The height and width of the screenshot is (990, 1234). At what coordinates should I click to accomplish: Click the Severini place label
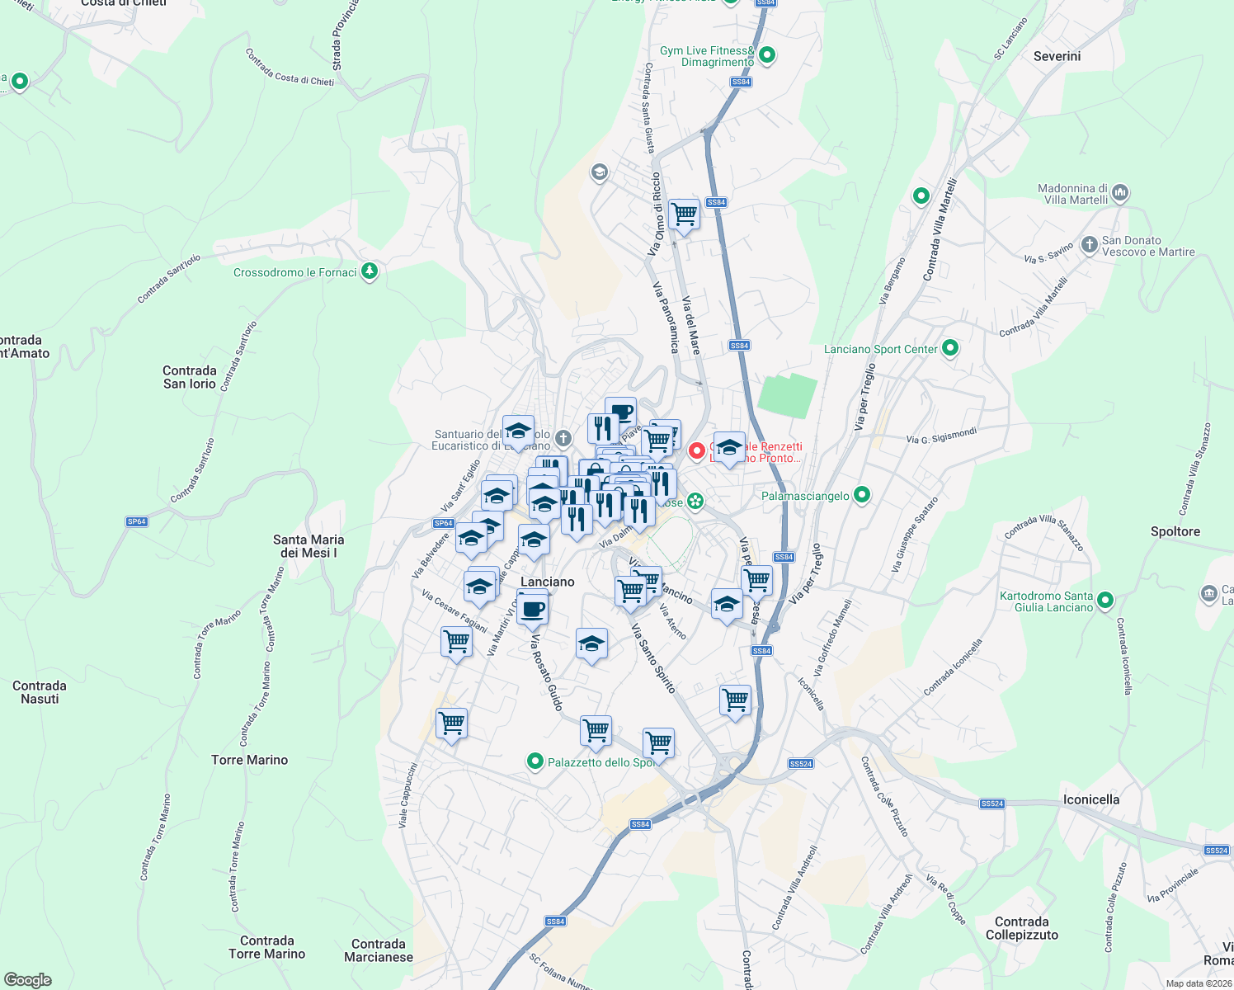click(1057, 56)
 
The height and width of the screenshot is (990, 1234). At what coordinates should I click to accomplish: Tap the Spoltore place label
click(1175, 531)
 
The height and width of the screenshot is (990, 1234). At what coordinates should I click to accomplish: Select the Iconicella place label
click(1090, 799)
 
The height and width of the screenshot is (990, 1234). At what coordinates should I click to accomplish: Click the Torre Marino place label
click(249, 760)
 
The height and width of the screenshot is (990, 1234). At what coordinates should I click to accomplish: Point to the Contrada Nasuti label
click(40, 692)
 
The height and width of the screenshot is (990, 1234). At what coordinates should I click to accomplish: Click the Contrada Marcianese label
click(378, 950)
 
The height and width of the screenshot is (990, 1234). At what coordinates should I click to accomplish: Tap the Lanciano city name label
click(547, 582)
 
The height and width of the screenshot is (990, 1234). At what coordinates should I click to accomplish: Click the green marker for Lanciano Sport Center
click(949, 348)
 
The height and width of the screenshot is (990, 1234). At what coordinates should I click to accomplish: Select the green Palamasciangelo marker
click(862, 495)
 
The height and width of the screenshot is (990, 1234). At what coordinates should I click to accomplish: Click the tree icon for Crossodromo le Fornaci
click(370, 271)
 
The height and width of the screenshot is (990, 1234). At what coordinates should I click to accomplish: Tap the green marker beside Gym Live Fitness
click(767, 55)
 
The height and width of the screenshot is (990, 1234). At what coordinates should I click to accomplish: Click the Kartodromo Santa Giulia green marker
click(1106, 601)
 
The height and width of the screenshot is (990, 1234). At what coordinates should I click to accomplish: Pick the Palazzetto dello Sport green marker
click(535, 761)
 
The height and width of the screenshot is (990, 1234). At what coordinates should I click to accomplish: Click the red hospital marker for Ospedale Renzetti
click(697, 450)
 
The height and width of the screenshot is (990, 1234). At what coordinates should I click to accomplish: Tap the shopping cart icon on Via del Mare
click(684, 214)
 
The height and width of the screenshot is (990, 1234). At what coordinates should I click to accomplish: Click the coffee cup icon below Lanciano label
click(532, 609)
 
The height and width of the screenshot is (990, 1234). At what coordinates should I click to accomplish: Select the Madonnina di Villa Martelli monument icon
click(1119, 193)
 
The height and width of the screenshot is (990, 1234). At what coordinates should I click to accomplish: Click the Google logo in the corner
click(27, 980)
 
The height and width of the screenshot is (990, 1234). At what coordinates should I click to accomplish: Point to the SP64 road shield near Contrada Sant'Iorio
click(136, 521)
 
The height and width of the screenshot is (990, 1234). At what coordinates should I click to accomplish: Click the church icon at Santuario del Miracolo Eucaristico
click(563, 437)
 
